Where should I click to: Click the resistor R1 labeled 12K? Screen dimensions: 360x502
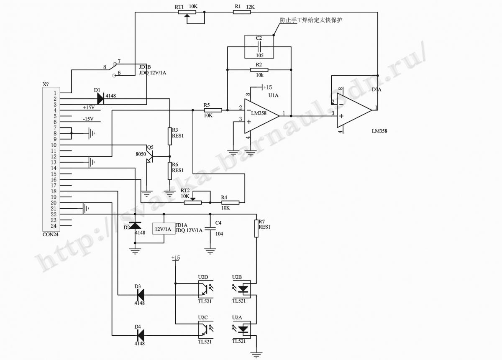(x=242, y=12)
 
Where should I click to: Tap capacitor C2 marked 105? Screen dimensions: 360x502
(x=259, y=47)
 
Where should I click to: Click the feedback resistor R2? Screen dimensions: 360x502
(x=259, y=70)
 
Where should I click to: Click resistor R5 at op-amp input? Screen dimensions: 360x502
(x=213, y=110)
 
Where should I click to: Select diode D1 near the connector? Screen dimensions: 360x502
(x=100, y=99)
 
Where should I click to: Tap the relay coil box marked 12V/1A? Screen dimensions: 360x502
(x=164, y=229)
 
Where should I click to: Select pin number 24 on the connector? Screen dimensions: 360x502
(x=54, y=226)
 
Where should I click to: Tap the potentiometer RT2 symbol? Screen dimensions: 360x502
(x=193, y=202)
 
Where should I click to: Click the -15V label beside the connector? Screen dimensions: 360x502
(x=88, y=119)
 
